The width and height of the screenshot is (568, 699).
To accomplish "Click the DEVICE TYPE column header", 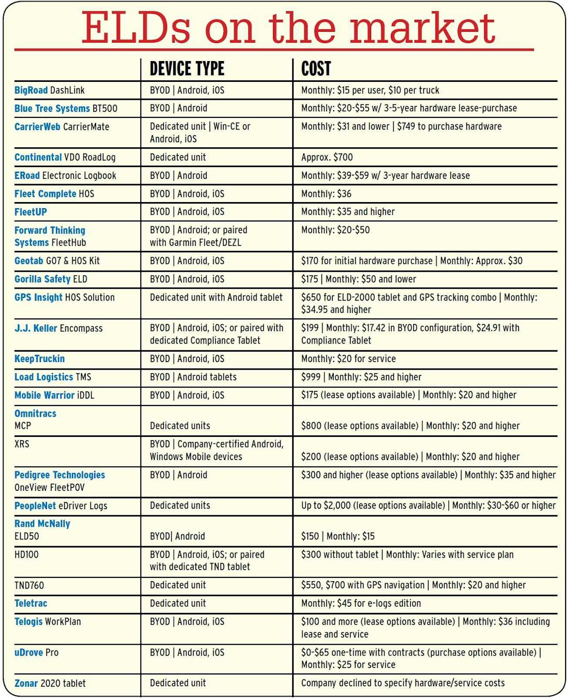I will tap(187, 69).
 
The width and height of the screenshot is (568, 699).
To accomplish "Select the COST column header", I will tap(316, 69).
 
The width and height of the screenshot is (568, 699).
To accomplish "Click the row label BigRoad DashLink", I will tap(50, 90).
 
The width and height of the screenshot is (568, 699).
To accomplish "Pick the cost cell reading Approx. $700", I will tap(327, 157).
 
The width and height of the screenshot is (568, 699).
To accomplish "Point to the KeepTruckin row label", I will tap(40, 359).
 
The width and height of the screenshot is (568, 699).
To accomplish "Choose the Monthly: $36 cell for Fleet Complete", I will tap(327, 194).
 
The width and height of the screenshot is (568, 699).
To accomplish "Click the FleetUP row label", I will tap(31, 212).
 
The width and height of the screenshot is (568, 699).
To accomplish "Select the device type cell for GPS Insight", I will tap(216, 298).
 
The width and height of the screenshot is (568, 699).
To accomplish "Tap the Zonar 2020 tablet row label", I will tap(50, 683).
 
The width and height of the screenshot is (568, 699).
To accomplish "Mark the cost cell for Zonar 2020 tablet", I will tap(403, 683).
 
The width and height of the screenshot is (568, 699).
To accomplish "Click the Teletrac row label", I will tap(31, 603).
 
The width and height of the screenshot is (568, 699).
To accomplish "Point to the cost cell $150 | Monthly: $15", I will tap(338, 536).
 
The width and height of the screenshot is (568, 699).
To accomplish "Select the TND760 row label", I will tap(29, 585).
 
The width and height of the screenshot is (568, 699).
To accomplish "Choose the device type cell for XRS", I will tap(217, 451).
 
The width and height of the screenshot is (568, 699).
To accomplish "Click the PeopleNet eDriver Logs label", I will tap(61, 506).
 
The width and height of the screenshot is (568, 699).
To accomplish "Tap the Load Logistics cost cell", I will tap(361, 377).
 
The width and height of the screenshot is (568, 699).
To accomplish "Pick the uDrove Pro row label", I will tap(36, 653).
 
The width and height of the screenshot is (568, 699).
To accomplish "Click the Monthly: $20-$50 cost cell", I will tap(336, 230).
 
